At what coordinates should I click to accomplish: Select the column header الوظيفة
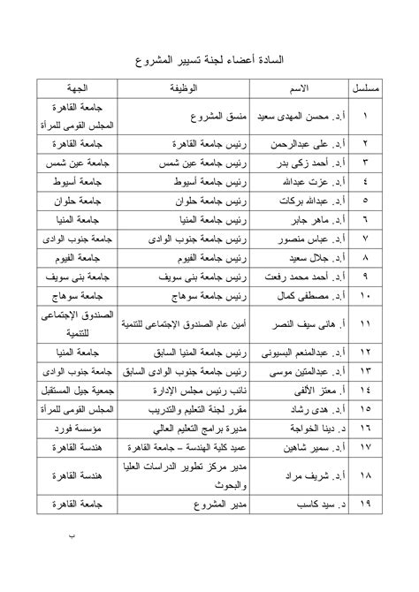[180, 90]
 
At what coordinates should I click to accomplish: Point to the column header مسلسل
[342, 90]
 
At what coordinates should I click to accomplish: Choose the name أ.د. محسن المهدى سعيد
[275, 116]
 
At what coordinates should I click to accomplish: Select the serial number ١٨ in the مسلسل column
[342, 475]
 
